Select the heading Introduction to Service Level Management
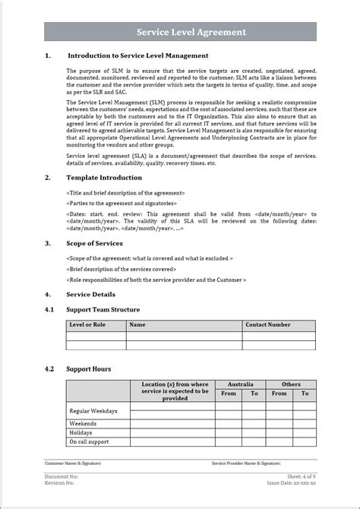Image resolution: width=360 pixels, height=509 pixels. [x=138, y=55]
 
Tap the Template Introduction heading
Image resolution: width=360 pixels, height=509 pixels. [x=103, y=177]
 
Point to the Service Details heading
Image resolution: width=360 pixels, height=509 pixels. [x=91, y=294]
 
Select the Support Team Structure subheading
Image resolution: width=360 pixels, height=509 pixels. [x=103, y=309]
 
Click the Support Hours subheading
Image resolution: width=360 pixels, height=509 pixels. [x=89, y=368]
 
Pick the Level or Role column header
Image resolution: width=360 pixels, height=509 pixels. [x=87, y=324]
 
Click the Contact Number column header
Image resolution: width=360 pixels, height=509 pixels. [x=267, y=324]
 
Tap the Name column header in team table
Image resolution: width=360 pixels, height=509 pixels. [x=137, y=324]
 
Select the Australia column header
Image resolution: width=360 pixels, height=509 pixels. [x=240, y=384]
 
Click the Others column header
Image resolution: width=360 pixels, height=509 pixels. [x=291, y=384]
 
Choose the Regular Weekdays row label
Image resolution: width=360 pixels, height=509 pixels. [x=93, y=410]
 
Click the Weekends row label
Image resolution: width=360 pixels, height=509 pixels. [x=83, y=423]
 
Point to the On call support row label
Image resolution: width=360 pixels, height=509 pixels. [x=89, y=441]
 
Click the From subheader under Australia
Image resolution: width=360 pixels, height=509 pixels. [x=229, y=394]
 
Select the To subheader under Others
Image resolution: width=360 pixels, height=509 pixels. [x=305, y=394]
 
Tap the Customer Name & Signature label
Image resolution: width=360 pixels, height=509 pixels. [x=73, y=463]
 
